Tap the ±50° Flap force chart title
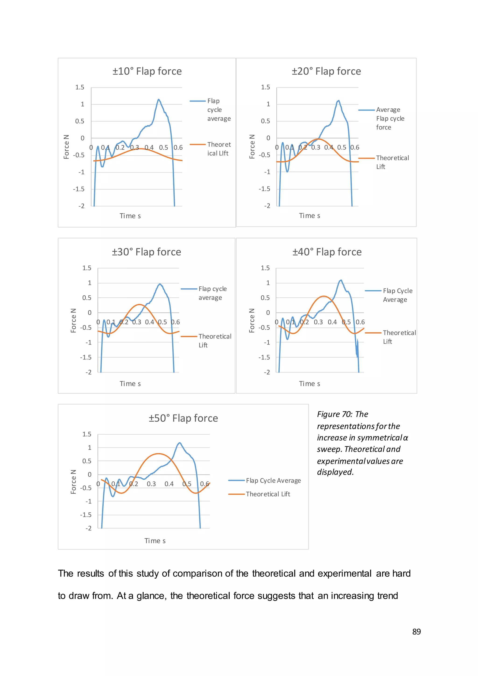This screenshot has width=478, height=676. pyautogui.click(x=183, y=418)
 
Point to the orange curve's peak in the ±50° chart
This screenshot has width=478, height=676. pyautogui.click(x=159, y=454)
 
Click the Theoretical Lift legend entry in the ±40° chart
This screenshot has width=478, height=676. pyautogui.click(x=399, y=337)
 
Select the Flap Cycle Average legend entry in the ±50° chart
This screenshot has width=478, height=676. pyautogui.click(x=273, y=480)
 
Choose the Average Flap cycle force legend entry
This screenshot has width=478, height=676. pyautogui.click(x=390, y=118)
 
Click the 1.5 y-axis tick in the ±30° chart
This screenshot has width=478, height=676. pyautogui.click(x=87, y=268)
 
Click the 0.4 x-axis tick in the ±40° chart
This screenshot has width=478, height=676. pyautogui.click(x=332, y=322)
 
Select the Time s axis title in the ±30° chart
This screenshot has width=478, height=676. pyautogui.click(x=130, y=384)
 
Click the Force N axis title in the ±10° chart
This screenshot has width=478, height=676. pyautogui.click(x=67, y=147)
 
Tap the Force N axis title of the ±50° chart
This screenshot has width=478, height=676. pyautogui.click(x=73, y=482)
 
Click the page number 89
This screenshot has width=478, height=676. pyautogui.click(x=416, y=632)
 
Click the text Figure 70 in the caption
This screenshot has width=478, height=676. pyautogui.click(x=334, y=414)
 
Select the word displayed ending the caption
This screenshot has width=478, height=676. pyautogui.click(x=335, y=472)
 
